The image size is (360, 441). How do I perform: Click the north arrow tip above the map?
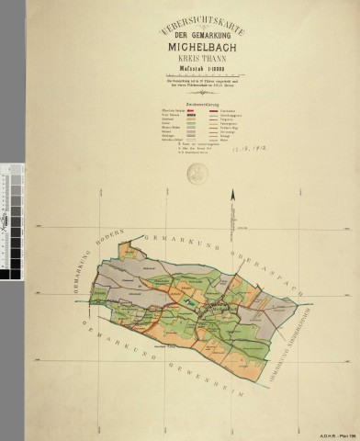[233, 188]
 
